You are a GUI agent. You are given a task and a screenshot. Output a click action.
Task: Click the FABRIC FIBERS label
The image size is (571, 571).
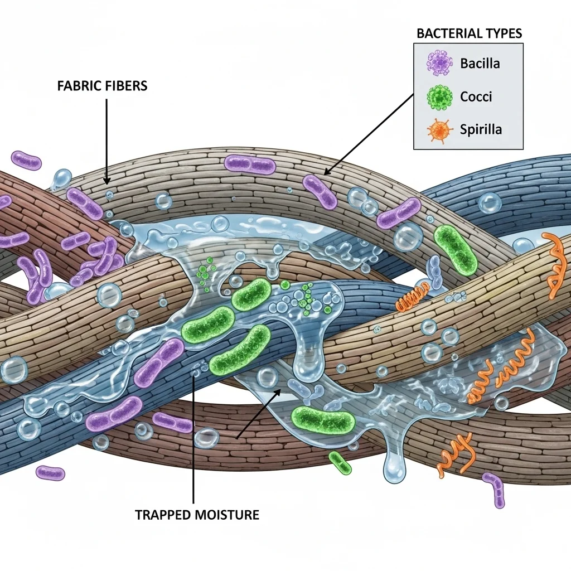pos(102,86)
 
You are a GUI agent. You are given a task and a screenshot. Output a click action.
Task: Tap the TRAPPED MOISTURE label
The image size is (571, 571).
pos(197,514)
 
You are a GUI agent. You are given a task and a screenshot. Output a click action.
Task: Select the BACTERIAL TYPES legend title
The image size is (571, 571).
pos(469,33)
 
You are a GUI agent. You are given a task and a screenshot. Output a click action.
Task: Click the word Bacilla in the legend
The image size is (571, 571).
pos(480,62)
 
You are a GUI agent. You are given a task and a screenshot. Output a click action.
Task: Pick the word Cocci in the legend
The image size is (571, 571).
pos(476,96)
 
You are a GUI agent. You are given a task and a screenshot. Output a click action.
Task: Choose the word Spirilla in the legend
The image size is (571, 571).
pos(481,130)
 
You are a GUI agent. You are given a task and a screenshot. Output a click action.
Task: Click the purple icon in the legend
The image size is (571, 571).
pos(439,63)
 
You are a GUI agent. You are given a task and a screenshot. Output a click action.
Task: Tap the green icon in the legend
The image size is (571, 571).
pos(439,96)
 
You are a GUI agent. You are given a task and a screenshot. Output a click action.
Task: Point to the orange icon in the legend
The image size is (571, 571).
pos(439,130)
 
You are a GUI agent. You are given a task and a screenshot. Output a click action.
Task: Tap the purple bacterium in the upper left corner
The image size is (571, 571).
pos(26,160)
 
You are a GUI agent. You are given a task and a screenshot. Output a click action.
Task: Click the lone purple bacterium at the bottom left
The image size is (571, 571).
pos(50,473)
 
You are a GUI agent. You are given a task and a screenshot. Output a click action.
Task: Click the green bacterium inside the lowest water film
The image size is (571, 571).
pos(323,419)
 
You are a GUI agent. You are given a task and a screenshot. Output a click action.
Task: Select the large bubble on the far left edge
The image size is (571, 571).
pos(12,370)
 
